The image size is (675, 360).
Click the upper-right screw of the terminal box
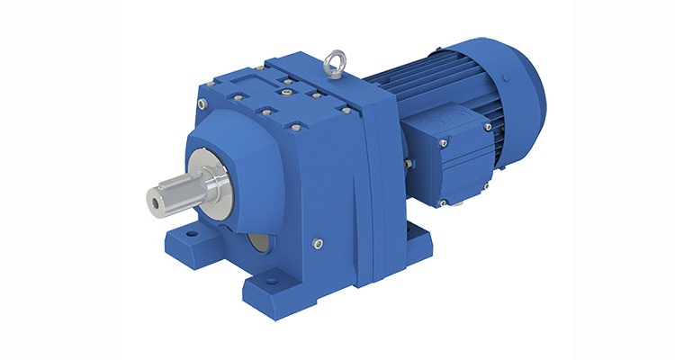click(487, 127)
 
